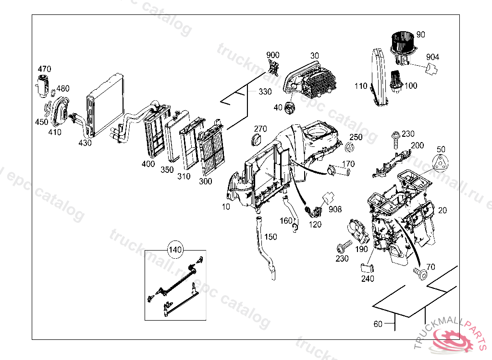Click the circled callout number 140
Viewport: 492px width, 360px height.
pyautogui.click(x=175, y=250)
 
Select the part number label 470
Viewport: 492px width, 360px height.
pyautogui.click(x=44, y=69)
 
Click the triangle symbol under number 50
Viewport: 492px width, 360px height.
pyautogui.click(x=441, y=163)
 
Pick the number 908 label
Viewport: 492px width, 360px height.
pyautogui.click(x=335, y=210)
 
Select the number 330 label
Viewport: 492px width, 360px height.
pyautogui.click(x=265, y=92)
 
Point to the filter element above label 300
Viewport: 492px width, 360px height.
pyautogui.click(x=211, y=149)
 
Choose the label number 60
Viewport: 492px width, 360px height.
pyautogui.click(x=378, y=324)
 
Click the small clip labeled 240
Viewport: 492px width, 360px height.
pyautogui.click(x=367, y=267)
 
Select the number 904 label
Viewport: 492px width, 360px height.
pyautogui.click(x=432, y=57)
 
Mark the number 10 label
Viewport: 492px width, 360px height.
pyautogui.click(x=226, y=207)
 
